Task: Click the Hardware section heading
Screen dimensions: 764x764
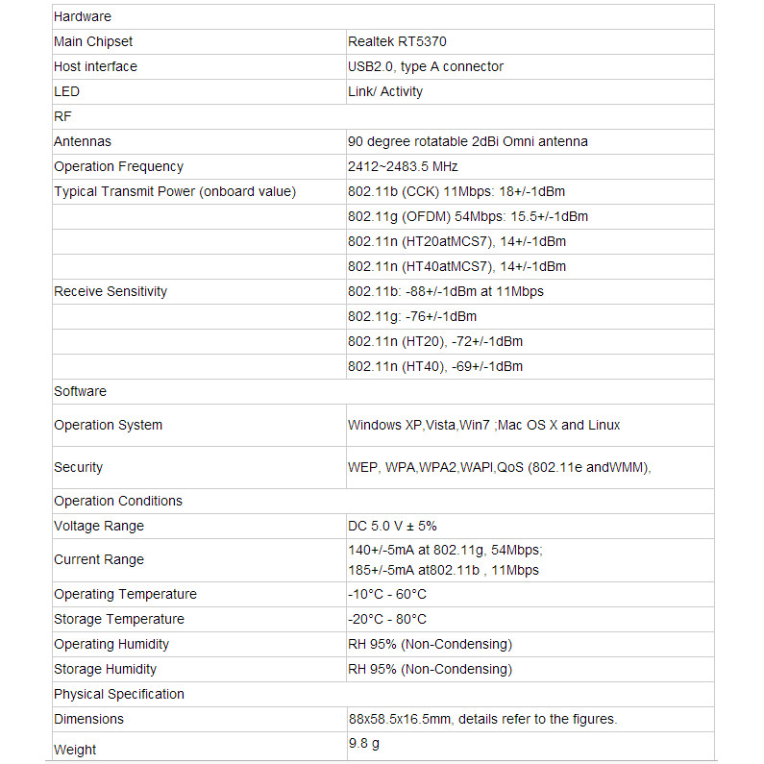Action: coord(83,16)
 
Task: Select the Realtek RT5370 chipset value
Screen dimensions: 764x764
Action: coord(397,41)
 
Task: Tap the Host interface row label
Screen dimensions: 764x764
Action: coord(95,66)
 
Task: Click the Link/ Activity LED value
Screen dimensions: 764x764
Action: coord(384,91)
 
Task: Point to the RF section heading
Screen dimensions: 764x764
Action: coord(62,116)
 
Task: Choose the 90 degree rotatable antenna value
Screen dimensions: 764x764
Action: coord(467,141)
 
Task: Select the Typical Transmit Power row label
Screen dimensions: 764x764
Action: coord(175,191)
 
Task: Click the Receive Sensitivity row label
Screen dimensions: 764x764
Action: coord(111,291)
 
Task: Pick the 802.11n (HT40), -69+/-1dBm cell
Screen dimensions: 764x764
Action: coord(434,366)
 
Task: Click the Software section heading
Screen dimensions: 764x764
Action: coord(80,391)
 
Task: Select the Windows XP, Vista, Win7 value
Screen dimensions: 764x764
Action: coord(483,425)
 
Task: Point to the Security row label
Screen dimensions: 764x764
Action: coord(78,467)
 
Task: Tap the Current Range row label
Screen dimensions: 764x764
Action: coord(99,559)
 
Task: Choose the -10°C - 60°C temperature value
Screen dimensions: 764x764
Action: coord(386,594)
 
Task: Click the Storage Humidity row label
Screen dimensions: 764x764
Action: coord(105,669)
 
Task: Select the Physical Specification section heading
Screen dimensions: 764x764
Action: coord(119,694)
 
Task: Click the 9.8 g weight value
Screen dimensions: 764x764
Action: coord(363,743)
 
